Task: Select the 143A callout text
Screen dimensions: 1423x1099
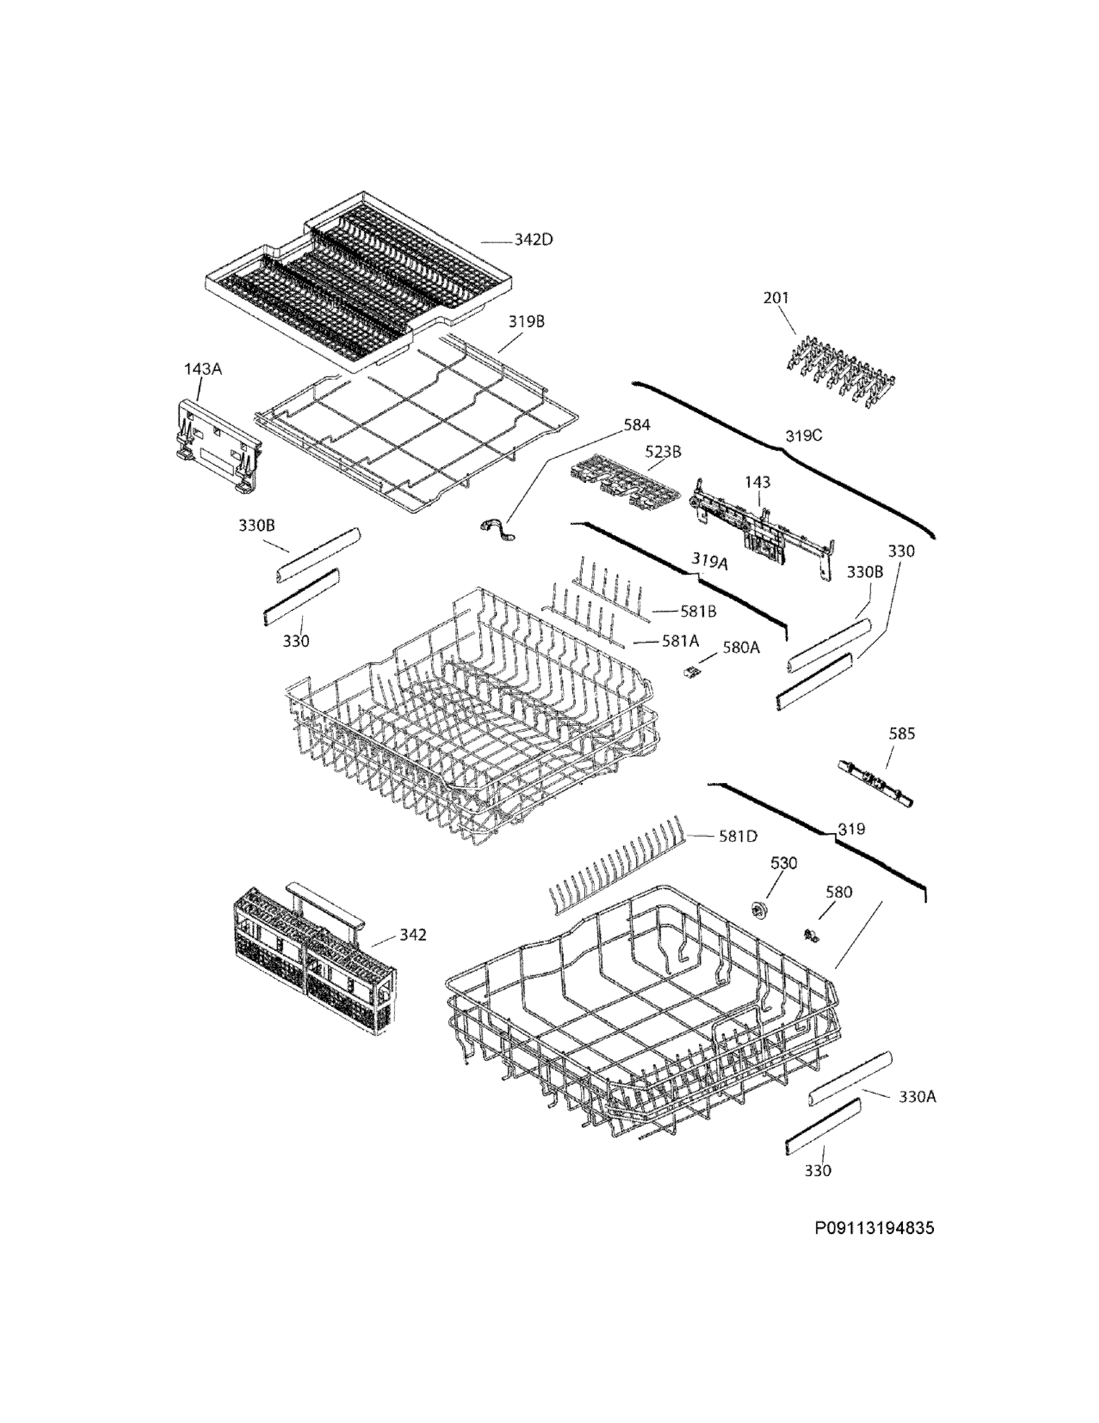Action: click(x=202, y=370)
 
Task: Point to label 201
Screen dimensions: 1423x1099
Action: click(x=776, y=298)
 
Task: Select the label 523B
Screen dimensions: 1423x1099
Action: click(x=663, y=451)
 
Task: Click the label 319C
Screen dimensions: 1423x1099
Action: click(x=803, y=436)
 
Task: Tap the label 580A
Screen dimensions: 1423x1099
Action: click(x=740, y=647)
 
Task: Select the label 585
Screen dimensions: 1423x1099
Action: click(x=902, y=733)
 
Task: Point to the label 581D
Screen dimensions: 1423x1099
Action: click(x=738, y=836)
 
